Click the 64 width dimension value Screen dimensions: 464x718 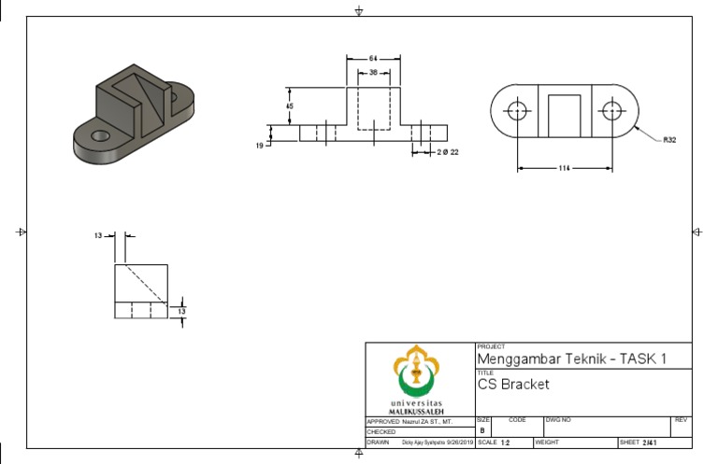click(374, 59)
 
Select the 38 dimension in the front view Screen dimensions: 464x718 click(374, 72)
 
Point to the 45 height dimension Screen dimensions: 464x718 click(290, 105)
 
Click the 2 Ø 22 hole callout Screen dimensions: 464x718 click(448, 151)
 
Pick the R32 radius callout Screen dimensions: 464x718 click(668, 140)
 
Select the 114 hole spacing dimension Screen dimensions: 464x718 click(565, 168)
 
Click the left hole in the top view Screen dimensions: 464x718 click(517, 110)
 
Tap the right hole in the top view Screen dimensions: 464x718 click(611, 110)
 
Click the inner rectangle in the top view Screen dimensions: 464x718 click(564, 116)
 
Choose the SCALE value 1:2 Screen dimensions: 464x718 click(506, 443)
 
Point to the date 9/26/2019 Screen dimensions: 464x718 click(460, 443)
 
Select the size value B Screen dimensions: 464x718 click(482, 430)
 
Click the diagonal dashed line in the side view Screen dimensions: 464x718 click(142, 284)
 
